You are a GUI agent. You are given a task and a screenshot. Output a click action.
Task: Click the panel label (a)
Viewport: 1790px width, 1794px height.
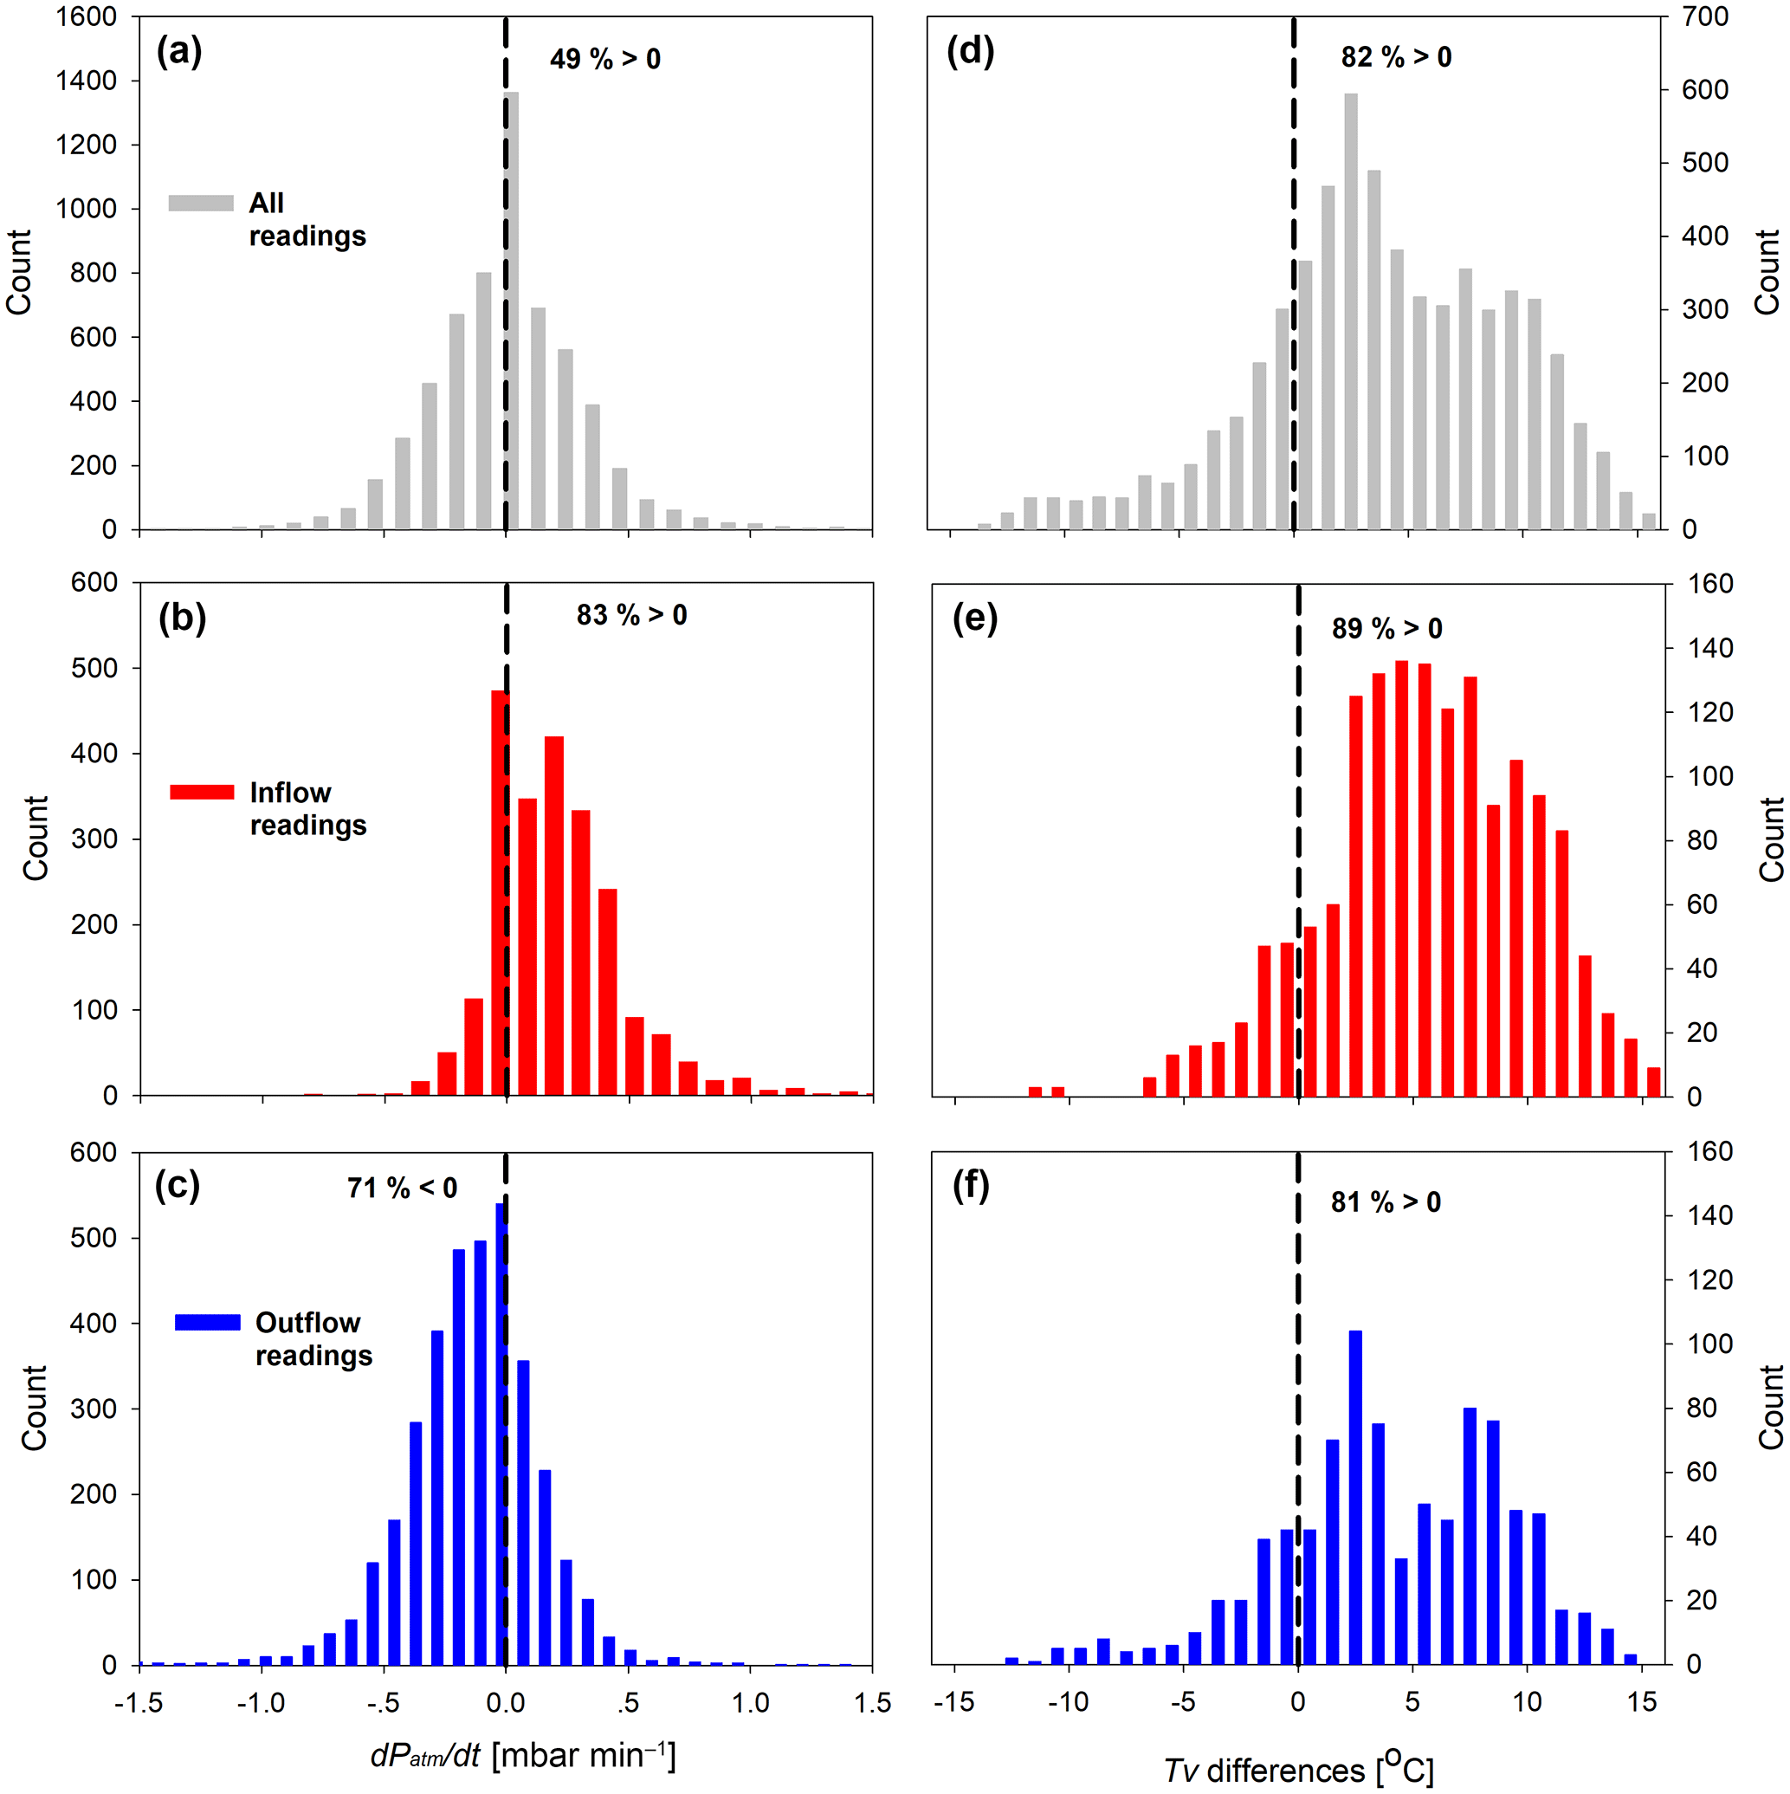(x=178, y=51)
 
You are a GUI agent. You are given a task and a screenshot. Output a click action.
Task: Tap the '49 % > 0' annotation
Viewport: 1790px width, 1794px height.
(x=604, y=60)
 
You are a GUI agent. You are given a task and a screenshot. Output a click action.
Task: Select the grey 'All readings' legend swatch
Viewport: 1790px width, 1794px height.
(x=201, y=204)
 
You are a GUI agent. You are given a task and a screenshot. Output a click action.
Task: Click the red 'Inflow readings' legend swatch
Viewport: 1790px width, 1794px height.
(x=202, y=792)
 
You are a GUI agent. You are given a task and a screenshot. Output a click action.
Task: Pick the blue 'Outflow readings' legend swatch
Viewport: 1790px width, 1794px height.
(x=207, y=1322)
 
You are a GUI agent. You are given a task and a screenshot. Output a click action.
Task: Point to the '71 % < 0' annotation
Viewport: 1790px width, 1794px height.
(x=402, y=1188)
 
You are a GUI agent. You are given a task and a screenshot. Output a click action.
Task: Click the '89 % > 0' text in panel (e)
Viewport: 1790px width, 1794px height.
(x=1386, y=629)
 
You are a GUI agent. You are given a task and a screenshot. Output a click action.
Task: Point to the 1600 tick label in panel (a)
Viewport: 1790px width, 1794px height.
(x=87, y=16)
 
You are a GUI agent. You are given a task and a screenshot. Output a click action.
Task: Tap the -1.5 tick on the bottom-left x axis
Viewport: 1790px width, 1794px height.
(x=139, y=1702)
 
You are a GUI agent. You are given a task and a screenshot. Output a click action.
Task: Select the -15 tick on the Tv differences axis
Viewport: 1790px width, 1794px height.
(x=953, y=1702)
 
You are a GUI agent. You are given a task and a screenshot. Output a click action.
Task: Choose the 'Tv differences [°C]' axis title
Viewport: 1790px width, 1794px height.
(x=1298, y=1770)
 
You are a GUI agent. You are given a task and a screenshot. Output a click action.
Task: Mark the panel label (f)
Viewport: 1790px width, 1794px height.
(x=970, y=1186)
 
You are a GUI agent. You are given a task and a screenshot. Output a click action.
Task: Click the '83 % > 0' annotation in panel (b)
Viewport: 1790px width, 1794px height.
(x=631, y=615)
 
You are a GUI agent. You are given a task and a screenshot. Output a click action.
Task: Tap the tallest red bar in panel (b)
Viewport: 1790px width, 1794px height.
(x=500, y=892)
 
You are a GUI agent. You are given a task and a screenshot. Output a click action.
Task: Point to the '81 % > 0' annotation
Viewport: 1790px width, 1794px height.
(x=1386, y=1202)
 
